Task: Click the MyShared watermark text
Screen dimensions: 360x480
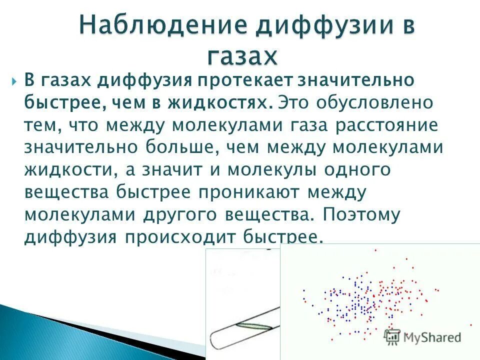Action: coord(431,337)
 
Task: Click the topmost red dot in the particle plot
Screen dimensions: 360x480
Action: coord(375,249)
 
